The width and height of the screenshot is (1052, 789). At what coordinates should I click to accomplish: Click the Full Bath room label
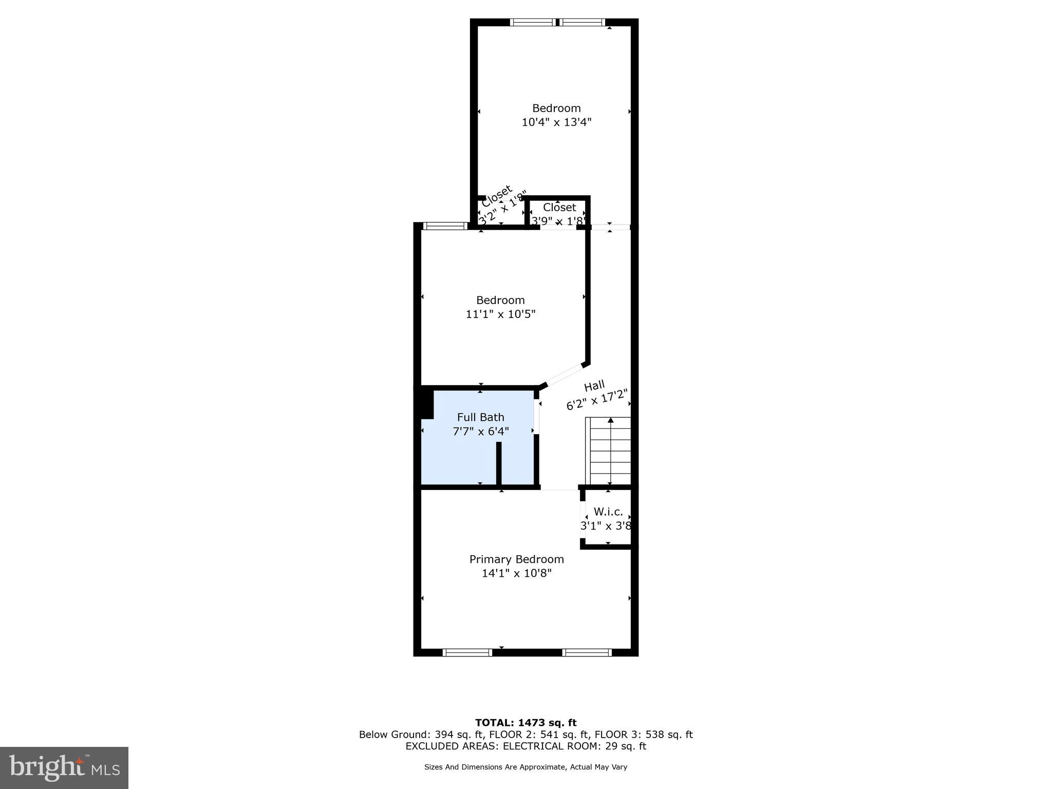[x=480, y=417]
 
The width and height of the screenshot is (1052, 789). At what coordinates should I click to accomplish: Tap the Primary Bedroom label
[x=516, y=559]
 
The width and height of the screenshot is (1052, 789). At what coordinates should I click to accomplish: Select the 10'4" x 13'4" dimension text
[x=556, y=122]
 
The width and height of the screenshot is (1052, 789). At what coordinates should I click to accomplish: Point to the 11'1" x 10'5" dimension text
[x=500, y=314]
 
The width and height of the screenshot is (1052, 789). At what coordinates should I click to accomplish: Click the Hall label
[x=594, y=386]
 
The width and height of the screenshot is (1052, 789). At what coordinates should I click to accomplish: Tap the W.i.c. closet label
[x=608, y=512]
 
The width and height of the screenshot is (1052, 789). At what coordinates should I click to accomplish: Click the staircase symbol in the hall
[x=609, y=451]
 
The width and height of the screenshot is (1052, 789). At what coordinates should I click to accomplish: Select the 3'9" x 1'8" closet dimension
[x=558, y=221]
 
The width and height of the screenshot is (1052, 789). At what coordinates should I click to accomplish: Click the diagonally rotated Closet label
[x=497, y=196]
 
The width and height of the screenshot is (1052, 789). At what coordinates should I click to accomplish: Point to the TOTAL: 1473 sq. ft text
[x=525, y=723]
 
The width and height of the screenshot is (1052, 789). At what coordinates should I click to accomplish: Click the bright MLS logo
[x=64, y=768]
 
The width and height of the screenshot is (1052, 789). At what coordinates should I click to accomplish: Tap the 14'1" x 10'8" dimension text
[x=516, y=573]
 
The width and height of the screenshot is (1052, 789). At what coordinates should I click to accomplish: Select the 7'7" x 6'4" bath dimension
[x=480, y=431]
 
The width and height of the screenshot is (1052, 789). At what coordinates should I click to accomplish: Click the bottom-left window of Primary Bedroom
[x=467, y=652]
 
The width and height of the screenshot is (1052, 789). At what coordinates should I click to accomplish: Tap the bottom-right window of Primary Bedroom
[x=587, y=652]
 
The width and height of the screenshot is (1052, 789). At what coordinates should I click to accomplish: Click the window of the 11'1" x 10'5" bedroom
[x=445, y=226]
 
